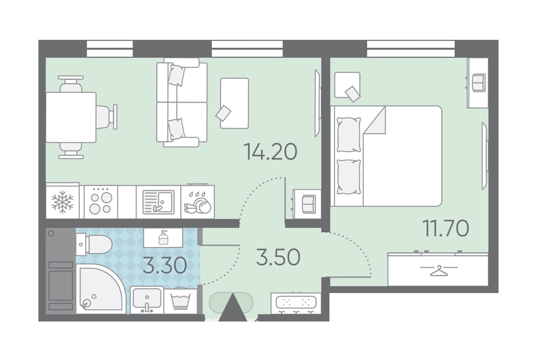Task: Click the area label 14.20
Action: [271, 152]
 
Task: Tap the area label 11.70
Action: [446, 228]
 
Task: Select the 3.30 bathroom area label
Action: [165, 266]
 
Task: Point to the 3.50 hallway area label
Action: [278, 257]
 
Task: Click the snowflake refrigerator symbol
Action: [62, 202]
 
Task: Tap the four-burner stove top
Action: [101, 202]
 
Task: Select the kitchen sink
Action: [158, 202]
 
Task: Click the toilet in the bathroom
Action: [94, 244]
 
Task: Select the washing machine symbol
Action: [181, 301]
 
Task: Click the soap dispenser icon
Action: [163, 238]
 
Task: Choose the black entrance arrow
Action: [233, 308]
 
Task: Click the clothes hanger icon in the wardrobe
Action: [439, 271]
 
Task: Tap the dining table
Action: [71, 117]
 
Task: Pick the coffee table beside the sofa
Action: [235, 103]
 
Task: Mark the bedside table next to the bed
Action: [347, 85]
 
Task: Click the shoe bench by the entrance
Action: [296, 303]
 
